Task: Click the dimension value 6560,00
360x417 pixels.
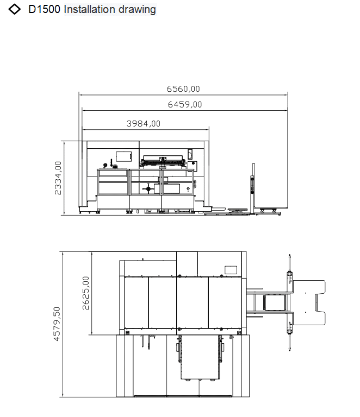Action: pyautogui.click(x=183, y=89)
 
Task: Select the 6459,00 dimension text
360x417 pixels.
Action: pyautogui.click(x=185, y=104)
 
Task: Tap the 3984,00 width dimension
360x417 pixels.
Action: pyautogui.click(x=143, y=124)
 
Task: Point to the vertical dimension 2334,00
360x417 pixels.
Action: pyautogui.click(x=58, y=178)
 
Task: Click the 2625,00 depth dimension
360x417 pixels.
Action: pyautogui.click(x=86, y=293)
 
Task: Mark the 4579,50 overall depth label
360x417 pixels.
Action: pyautogui.click(x=57, y=324)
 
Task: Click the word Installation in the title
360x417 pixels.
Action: pyautogui.click(x=90, y=9)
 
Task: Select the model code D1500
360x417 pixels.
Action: pyautogui.click(x=44, y=9)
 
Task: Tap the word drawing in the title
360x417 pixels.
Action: pyautogui.click(x=137, y=10)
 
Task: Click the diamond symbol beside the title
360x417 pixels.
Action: pyautogui.click(x=14, y=9)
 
